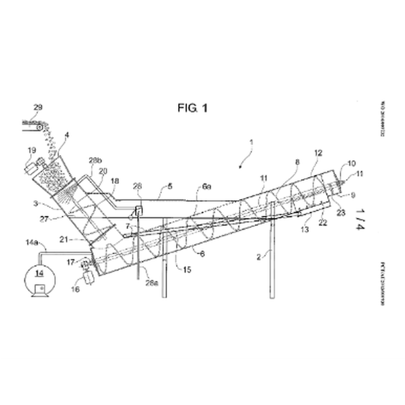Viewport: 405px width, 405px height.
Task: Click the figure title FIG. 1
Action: coord(193,107)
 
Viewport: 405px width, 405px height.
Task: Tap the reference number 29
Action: coord(38,107)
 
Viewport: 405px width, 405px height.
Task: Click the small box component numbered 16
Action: coord(89,278)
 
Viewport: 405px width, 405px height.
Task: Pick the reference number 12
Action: coord(318,152)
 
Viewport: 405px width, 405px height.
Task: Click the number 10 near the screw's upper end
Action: coord(351,163)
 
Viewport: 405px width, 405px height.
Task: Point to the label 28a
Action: coord(151,283)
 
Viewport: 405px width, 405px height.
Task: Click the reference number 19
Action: coord(31,150)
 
